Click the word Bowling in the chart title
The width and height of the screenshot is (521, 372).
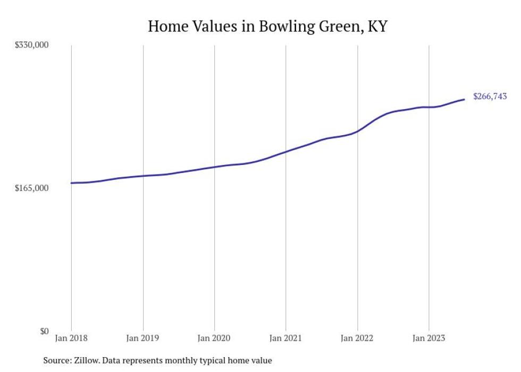[x=287, y=27]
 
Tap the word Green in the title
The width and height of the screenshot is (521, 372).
[x=341, y=26]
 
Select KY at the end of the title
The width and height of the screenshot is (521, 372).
[x=378, y=26]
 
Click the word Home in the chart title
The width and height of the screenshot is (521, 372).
[x=168, y=26]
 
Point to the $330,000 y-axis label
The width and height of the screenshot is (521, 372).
[x=31, y=45]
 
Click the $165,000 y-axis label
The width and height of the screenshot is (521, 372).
[x=31, y=188]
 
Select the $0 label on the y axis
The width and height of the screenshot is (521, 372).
[x=44, y=331]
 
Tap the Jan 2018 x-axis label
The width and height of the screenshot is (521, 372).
[x=71, y=338]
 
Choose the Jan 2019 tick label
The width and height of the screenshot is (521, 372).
[x=142, y=338]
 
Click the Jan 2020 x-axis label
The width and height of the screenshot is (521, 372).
[x=214, y=338]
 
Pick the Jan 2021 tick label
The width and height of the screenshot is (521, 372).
[x=285, y=338]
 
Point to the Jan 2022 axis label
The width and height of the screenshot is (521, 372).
[x=357, y=338]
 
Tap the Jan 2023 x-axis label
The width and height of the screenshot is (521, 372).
[x=428, y=338]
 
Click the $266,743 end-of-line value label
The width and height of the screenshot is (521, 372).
[x=490, y=96]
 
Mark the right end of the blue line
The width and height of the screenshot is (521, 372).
[x=464, y=99]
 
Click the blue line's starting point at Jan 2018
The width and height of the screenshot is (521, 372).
[x=71, y=183]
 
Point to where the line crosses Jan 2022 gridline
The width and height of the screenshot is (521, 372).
[x=357, y=131]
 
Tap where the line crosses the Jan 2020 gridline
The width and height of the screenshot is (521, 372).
[x=214, y=167]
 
